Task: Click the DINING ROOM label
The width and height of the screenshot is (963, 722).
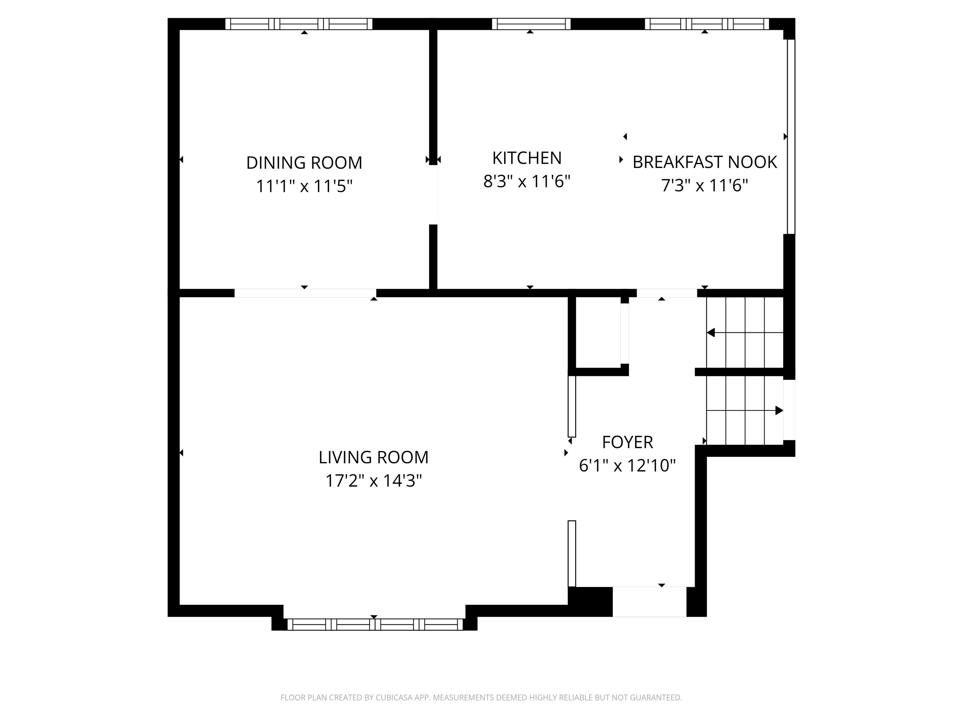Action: (x=304, y=163)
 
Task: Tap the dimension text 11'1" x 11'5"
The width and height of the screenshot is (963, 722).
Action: (x=304, y=186)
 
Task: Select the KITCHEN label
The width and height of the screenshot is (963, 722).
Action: (x=527, y=158)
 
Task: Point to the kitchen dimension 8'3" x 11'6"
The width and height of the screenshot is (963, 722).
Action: (x=527, y=181)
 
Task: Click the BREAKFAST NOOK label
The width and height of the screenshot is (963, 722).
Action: (x=704, y=162)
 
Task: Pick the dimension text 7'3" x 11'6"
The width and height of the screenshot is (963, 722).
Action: (x=704, y=186)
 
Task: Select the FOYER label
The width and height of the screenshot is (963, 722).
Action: (x=627, y=442)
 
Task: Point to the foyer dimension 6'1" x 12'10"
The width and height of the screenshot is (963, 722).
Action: (x=627, y=466)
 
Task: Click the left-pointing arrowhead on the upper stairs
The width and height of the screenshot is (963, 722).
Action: (x=711, y=332)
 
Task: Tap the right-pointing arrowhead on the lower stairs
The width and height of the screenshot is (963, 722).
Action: (x=779, y=411)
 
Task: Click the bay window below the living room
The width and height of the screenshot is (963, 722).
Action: (x=375, y=625)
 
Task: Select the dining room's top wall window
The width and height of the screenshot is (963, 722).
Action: (x=299, y=24)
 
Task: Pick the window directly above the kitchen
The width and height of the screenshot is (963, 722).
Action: (x=531, y=24)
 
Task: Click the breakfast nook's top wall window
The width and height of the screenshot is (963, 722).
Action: (x=707, y=24)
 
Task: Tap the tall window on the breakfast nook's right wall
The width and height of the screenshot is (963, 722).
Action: (x=791, y=137)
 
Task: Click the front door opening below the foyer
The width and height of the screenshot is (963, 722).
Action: (x=650, y=602)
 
